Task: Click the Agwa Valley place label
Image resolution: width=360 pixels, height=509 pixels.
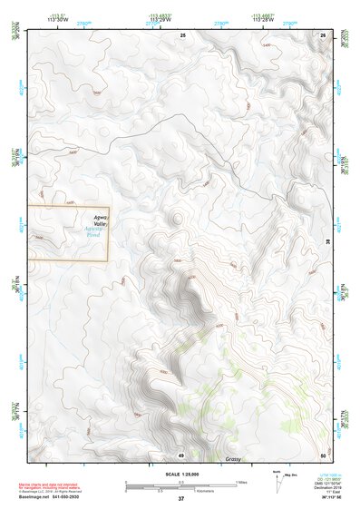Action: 97,220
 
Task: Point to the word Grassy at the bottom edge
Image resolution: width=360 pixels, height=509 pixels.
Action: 234,460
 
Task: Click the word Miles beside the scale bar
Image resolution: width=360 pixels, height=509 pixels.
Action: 242,482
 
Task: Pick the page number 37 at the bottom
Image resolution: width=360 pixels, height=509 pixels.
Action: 180,499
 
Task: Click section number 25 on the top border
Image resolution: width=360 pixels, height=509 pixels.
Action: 182,34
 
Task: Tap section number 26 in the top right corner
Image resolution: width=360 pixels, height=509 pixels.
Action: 324,34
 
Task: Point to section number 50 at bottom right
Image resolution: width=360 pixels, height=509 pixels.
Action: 324,455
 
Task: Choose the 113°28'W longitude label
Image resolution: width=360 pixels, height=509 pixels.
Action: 261,19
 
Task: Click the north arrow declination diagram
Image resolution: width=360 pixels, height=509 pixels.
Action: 276,480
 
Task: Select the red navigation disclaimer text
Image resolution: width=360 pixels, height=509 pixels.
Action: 41,479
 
